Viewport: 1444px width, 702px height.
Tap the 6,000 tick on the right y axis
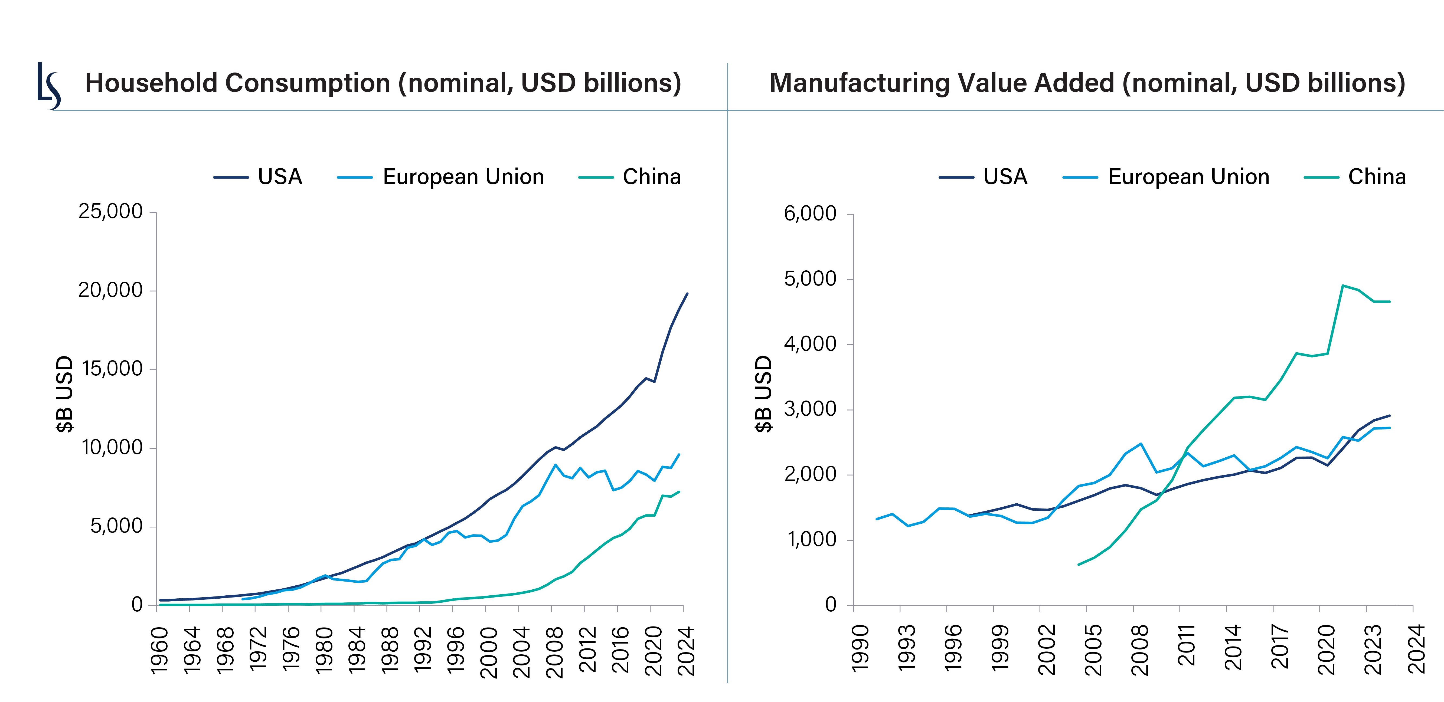tap(810, 214)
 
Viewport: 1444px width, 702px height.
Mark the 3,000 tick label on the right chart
tap(810, 409)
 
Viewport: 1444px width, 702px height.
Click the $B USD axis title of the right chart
tap(763, 394)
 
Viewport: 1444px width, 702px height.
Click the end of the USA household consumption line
tap(687, 294)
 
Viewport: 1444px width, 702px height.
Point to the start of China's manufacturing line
tap(1079, 564)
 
